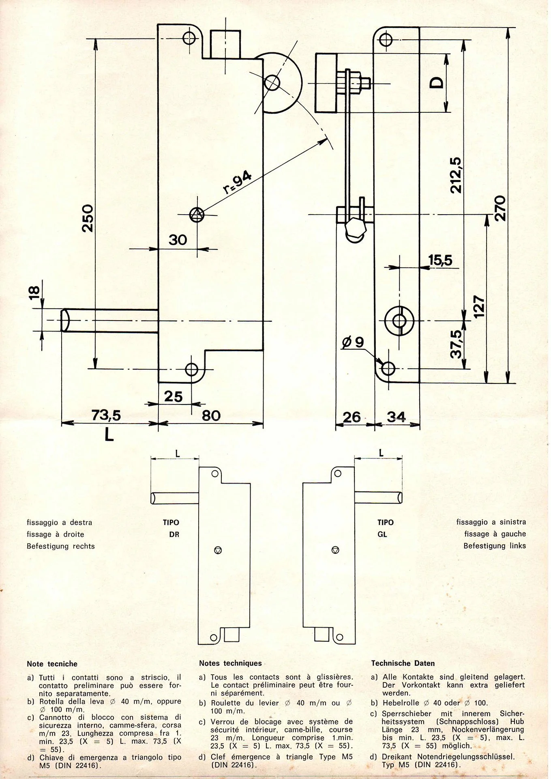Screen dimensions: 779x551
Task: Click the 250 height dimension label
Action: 88,218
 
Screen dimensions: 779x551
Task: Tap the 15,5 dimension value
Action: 440,260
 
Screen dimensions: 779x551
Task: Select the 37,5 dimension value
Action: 457,344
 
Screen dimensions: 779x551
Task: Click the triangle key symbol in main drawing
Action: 197,214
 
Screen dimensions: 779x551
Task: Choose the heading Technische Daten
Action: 403,663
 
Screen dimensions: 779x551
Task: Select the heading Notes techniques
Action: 230,663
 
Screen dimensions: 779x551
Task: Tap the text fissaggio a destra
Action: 59,522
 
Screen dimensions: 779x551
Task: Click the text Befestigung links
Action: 495,546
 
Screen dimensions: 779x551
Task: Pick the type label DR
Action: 174,534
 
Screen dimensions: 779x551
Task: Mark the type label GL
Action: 382,534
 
